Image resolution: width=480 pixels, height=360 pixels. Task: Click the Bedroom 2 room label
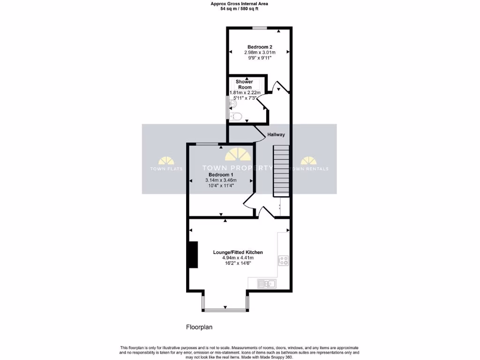click(260, 47)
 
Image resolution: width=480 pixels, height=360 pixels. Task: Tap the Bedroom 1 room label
click(221, 174)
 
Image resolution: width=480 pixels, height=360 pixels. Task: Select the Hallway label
click(276, 135)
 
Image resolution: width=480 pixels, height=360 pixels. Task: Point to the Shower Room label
click(244, 84)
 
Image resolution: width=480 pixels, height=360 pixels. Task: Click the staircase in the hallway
click(281, 171)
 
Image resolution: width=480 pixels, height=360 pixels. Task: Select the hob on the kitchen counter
click(283, 261)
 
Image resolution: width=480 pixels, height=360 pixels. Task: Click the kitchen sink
click(267, 283)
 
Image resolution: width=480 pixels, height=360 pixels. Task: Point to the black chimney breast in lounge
click(192, 255)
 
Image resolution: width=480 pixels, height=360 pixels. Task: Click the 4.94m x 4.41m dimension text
click(238, 258)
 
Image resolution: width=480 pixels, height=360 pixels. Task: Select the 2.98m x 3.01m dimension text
click(260, 52)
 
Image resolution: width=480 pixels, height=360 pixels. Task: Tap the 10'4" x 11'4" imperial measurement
click(221, 186)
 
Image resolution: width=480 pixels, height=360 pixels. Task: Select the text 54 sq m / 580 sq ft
click(240, 8)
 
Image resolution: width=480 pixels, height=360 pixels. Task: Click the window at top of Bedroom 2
click(260, 28)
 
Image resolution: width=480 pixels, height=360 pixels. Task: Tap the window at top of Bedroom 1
click(206, 143)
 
